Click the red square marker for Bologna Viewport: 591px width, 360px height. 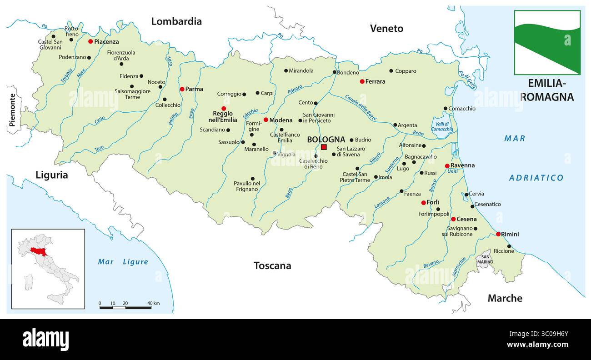(324, 147)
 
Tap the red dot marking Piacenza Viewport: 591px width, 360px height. (90, 41)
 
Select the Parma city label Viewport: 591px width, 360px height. (194, 89)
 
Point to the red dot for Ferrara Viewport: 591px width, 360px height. (362, 81)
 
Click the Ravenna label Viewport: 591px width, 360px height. (462, 165)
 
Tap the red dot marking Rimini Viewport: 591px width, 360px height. (498, 234)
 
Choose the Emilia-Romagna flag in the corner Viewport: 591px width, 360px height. (547, 42)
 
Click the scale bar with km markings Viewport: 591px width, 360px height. (125, 307)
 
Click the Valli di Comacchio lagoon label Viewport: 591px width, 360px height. (441, 126)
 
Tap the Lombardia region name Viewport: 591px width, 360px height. (176, 21)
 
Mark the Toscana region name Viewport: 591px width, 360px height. (272, 265)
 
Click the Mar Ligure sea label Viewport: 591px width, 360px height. (123, 261)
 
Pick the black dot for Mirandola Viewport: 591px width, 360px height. (286, 70)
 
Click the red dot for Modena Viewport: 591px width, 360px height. (266, 120)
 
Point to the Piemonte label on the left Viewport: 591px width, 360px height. (12, 110)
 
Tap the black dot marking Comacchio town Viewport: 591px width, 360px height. (446, 109)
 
